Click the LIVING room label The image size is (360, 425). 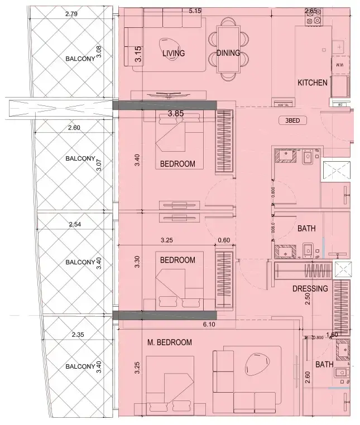[174, 54]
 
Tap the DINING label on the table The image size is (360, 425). [227, 54]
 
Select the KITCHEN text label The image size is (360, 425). [312, 83]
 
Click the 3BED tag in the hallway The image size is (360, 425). [295, 120]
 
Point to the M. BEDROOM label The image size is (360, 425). [170, 342]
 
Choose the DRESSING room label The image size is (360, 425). [310, 289]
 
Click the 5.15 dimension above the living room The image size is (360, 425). [195, 11]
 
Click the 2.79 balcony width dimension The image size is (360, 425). [71, 13]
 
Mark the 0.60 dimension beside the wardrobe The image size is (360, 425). [223, 241]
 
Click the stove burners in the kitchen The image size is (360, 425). [313, 21]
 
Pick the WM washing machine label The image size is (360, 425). [339, 65]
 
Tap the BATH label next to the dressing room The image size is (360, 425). [306, 229]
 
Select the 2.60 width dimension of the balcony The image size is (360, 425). [74, 128]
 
